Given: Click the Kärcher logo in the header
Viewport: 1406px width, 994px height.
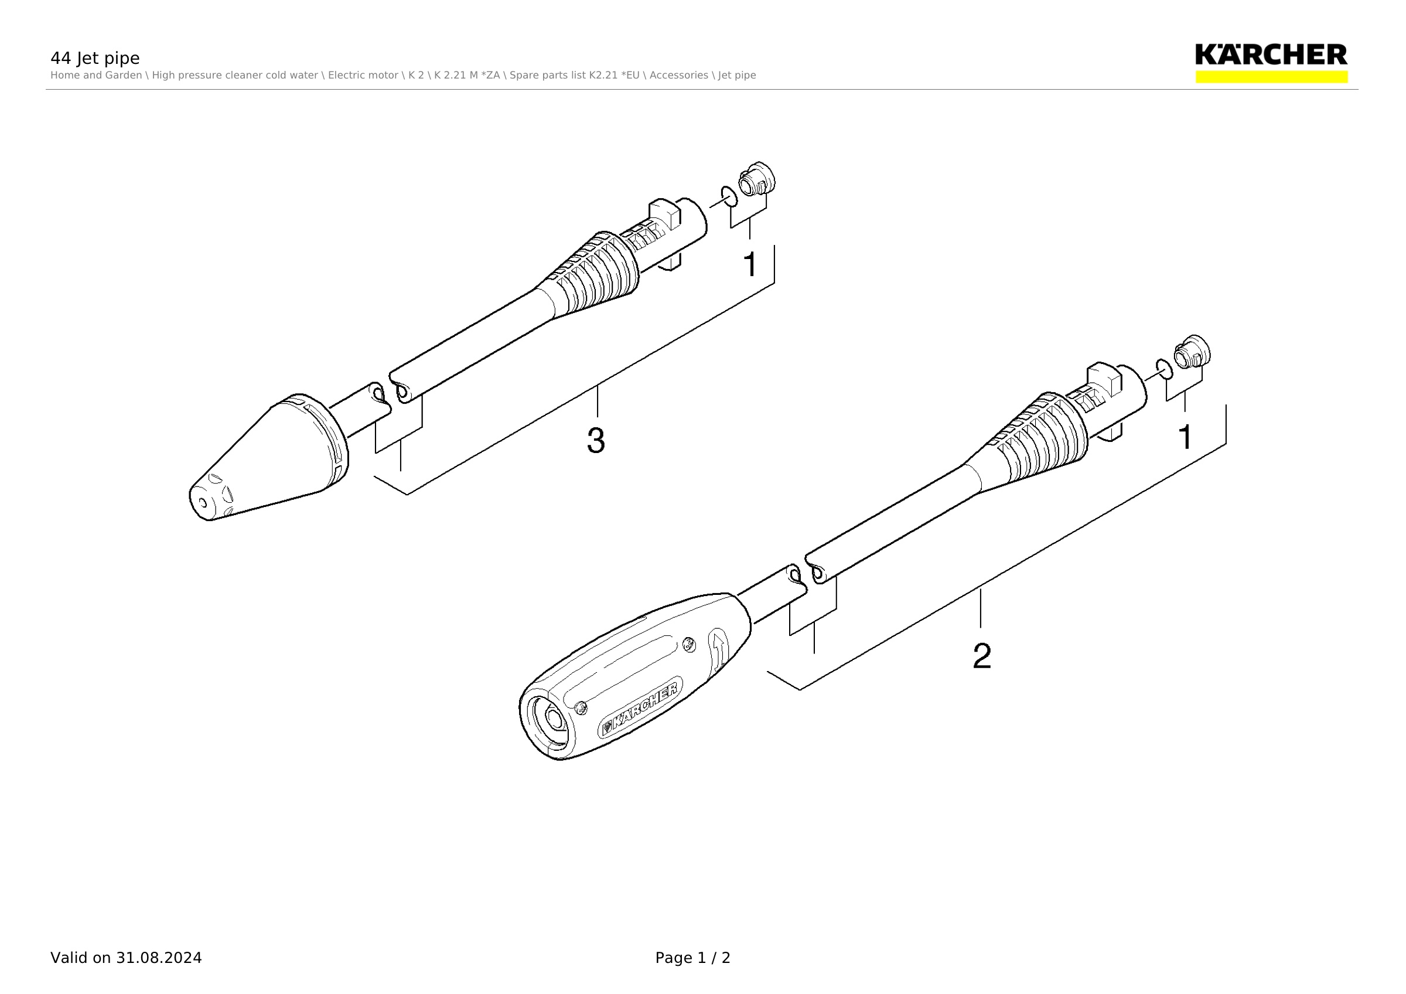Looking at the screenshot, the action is click(x=1271, y=55).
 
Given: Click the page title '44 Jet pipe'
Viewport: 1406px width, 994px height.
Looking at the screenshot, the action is click(x=95, y=58).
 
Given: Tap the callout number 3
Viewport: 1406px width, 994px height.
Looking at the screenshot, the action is click(x=596, y=440).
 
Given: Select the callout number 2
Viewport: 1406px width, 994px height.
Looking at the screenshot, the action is click(x=982, y=656).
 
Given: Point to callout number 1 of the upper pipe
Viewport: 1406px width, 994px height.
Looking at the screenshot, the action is click(x=750, y=264).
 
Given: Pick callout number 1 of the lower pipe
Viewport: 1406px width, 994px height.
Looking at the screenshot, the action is click(x=1186, y=437).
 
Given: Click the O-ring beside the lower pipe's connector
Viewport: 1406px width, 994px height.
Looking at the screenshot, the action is click(x=1164, y=369).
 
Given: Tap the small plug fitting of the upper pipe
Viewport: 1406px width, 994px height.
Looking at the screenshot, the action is click(x=757, y=178).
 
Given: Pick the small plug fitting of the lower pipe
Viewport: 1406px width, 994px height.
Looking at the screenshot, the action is click(x=1192, y=352).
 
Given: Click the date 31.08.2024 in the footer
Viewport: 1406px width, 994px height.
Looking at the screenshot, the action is click(x=159, y=958).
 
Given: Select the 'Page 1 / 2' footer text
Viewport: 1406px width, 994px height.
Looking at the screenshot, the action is click(x=692, y=958).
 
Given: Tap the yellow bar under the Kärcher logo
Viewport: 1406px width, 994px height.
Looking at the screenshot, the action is click(x=1271, y=77).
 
